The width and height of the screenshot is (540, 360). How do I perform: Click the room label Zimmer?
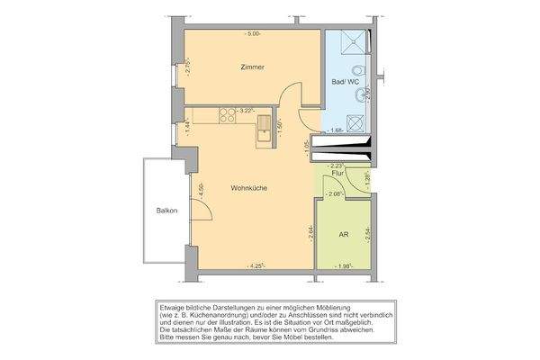(252, 67)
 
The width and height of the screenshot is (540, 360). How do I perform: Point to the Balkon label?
(166, 211)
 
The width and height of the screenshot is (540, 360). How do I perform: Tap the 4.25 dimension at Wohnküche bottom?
(255, 265)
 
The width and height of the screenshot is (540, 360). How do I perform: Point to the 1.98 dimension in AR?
(343, 266)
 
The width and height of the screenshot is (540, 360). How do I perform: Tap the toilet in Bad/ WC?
(359, 71)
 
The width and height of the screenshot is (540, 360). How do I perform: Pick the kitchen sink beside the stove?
(265, 130)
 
